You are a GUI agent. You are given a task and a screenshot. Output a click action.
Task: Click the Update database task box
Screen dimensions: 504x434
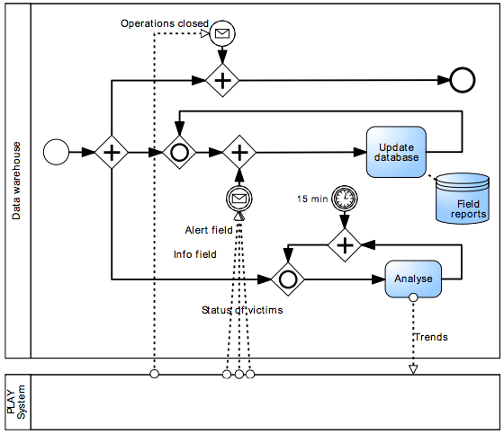click(396, 152)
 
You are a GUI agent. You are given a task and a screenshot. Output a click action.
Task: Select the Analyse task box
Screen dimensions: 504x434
click(413, 279)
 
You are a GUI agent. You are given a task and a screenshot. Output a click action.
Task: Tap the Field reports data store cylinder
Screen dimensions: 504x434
click(463, 199)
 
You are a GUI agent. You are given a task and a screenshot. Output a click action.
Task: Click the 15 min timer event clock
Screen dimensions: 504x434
click(345, 198)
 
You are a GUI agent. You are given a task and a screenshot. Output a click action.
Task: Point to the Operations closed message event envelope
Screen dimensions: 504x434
click(222, 33)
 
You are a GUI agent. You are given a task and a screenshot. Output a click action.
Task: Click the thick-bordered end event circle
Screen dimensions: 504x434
click(463, 80)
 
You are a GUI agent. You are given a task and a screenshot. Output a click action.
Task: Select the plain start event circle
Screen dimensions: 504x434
click(56, 152)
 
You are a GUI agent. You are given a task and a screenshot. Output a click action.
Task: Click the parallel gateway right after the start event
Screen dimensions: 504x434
click(112, 152)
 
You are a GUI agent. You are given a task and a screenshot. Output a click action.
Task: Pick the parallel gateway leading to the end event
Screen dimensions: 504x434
click(222, 80)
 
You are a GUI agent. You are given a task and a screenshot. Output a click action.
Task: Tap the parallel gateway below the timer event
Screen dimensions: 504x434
click(345, 245)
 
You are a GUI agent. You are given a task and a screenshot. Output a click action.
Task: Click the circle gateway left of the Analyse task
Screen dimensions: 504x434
click(288, 279)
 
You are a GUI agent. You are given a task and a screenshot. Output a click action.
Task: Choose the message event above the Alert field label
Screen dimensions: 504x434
click(239, 199)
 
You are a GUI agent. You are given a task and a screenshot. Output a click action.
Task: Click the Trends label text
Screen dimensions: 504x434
click(431, 337)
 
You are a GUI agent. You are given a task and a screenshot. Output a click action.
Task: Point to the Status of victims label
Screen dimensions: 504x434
click(242, 310)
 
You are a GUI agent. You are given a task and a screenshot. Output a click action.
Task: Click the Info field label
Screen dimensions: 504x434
click(194, 254)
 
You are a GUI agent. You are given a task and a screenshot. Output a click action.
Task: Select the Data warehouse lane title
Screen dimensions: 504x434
click(16, 181)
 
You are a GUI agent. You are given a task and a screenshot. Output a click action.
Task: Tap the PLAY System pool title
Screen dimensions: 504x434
click(16, 402)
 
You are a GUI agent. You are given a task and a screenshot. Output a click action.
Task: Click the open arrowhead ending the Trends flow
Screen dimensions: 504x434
click(413, 369)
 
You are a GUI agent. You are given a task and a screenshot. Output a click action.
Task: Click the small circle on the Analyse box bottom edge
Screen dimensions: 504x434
click(413, 297)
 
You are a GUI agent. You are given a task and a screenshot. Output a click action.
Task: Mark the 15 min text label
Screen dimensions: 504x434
click(312, 199)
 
